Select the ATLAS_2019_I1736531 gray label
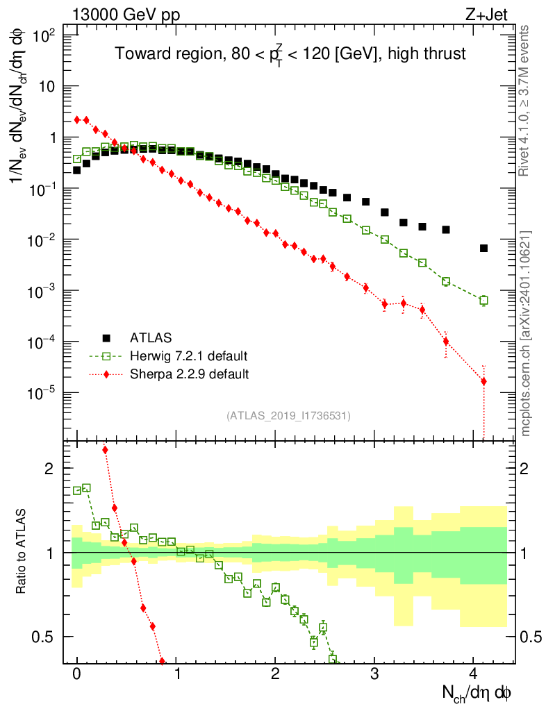288,416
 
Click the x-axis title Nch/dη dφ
477,692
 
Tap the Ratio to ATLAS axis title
22,553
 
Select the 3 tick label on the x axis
374,674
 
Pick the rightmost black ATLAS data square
483,248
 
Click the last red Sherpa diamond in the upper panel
483,381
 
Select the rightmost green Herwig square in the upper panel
483,301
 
